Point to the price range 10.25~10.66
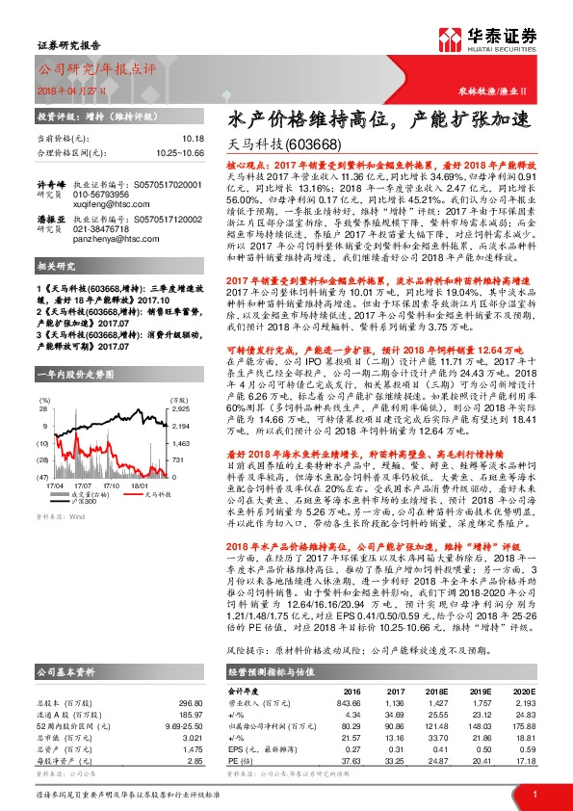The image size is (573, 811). pos(178,152)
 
